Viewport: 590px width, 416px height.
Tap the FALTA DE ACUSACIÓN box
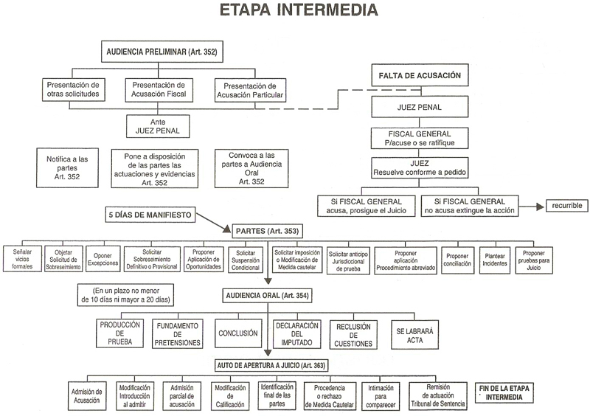click(x=420, y=75)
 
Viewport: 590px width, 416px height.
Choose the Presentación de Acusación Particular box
click(x=249, y=89)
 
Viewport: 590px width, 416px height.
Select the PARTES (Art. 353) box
click(x=266, y=231)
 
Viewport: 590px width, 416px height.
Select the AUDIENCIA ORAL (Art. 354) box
click(x=266, y=295)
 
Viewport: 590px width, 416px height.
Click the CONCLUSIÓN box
click(x=237, y=333)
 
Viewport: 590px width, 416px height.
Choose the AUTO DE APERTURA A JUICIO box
click(x=271, y=365)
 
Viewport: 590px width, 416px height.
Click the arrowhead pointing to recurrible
click(x=541, y=204)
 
